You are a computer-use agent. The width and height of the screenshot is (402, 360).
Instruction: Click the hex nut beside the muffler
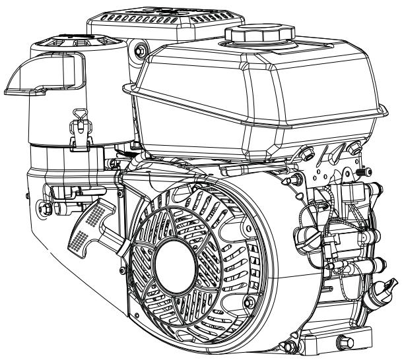pos(139,49)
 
